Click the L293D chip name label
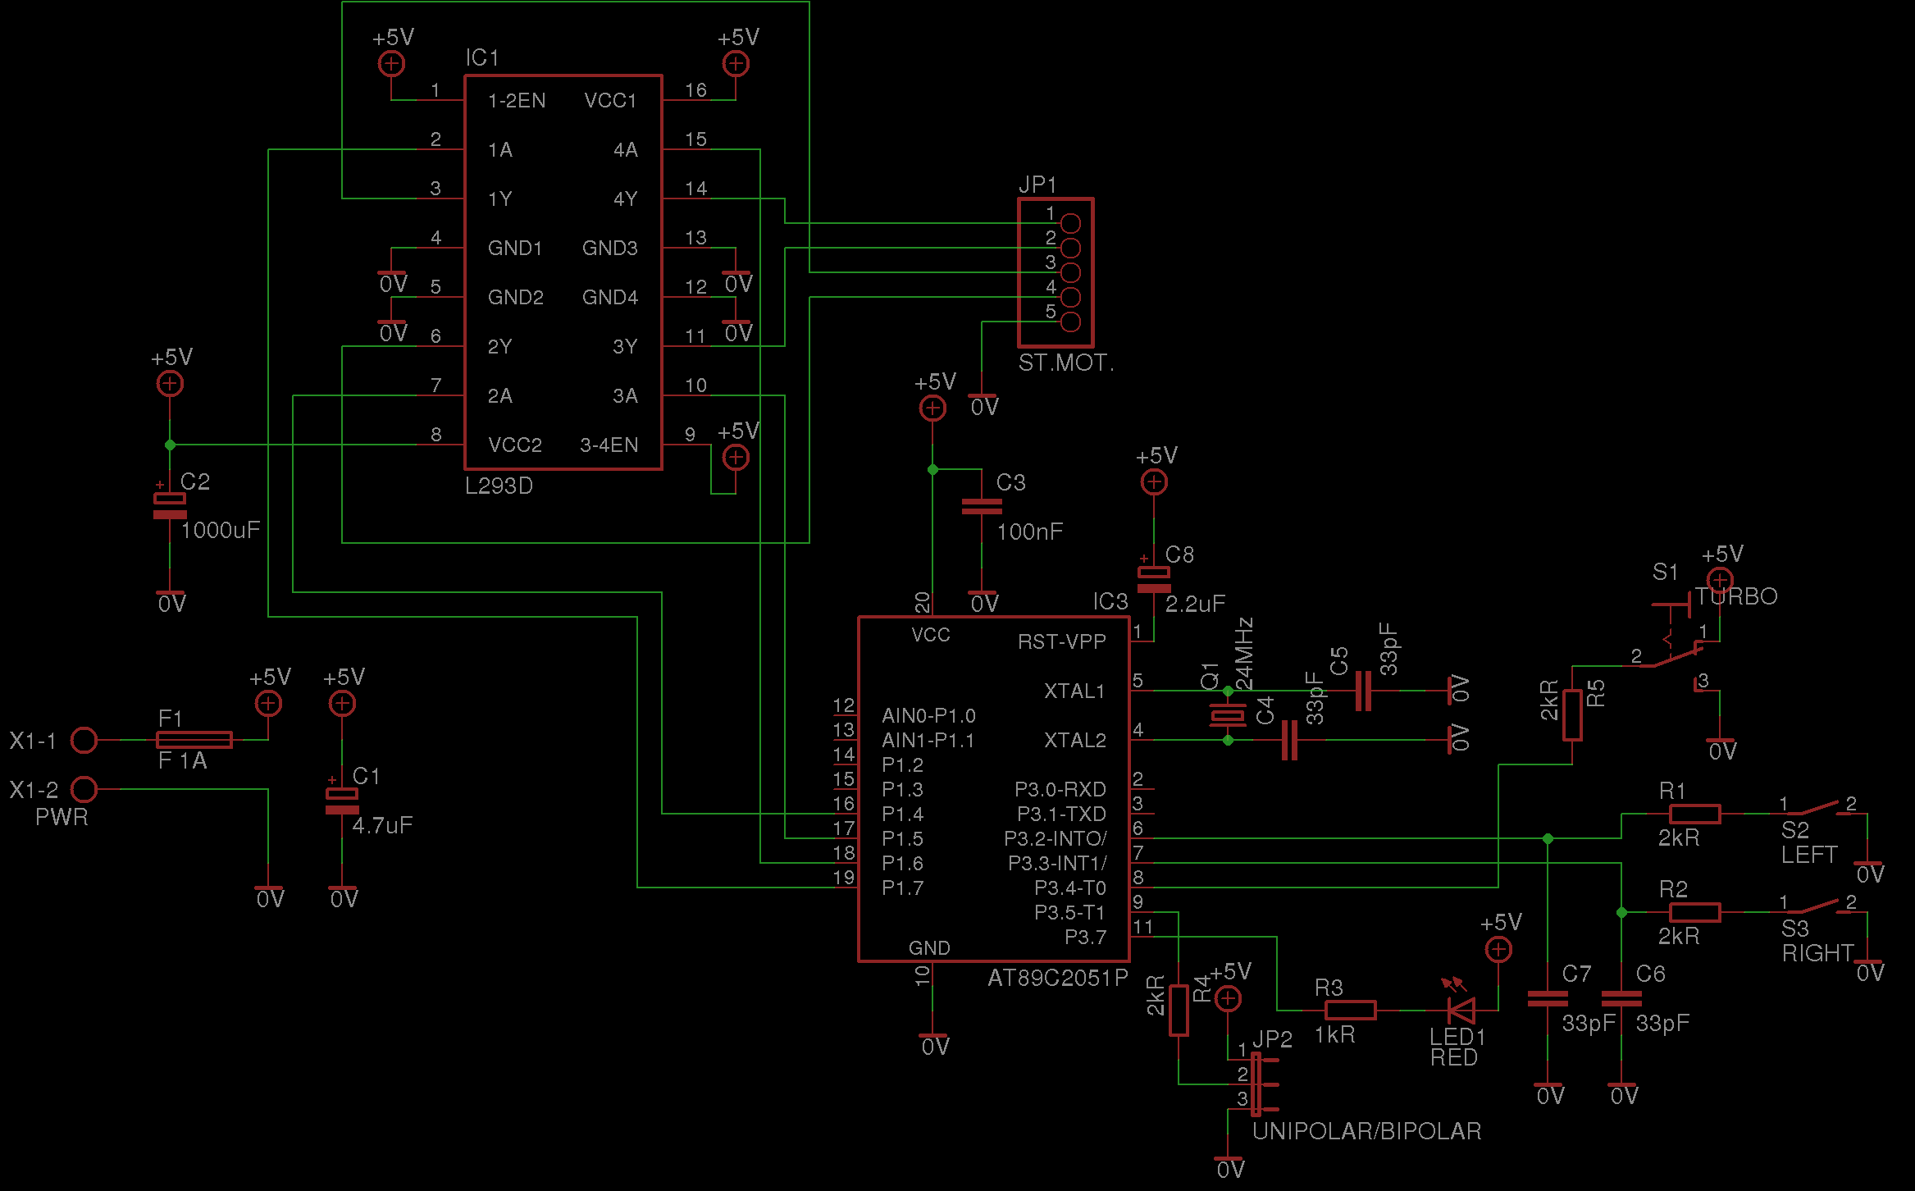coord(499,486)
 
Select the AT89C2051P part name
coord(1057,978)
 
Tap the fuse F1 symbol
coord(194,740)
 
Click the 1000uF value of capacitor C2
coord(220,530)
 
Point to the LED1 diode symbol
coord(1461,1010)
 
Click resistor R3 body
coord(1350,1010)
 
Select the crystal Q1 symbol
coord(1228,715)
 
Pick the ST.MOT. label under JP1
coord(1065,363)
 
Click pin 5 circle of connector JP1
coord(1070,322)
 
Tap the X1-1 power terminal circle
coord(84,740)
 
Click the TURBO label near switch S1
coord(1736,596)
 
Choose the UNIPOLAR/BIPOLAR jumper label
coord(1366,1131)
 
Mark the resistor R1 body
coord(1694,814)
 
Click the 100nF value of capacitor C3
coord(1029,532)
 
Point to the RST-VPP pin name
coord(1061,641)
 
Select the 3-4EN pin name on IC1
coord(609,445)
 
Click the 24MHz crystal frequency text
coord(1244,654)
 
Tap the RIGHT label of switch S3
coord(1817,953)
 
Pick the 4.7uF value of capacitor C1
coord(382,825)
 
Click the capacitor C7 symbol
coord(1548,998)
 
